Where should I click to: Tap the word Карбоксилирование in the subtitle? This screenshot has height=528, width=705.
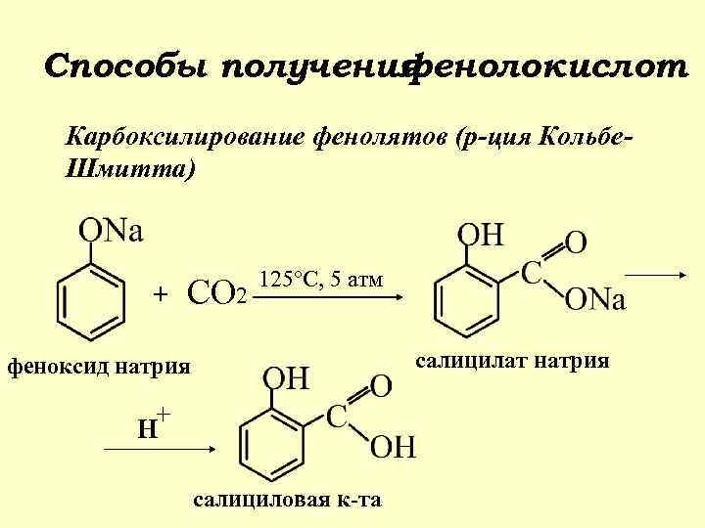coord(186,135)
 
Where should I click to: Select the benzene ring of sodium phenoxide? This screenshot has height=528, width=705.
coord(91,302)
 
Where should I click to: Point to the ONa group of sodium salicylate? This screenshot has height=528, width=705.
coord(594,300)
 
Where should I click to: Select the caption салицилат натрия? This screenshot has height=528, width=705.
coord(513,362)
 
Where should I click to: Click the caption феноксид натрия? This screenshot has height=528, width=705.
coord(98,369)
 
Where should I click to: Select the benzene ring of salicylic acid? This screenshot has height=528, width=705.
coord(274,443)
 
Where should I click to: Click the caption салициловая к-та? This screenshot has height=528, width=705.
coord(288,501)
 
